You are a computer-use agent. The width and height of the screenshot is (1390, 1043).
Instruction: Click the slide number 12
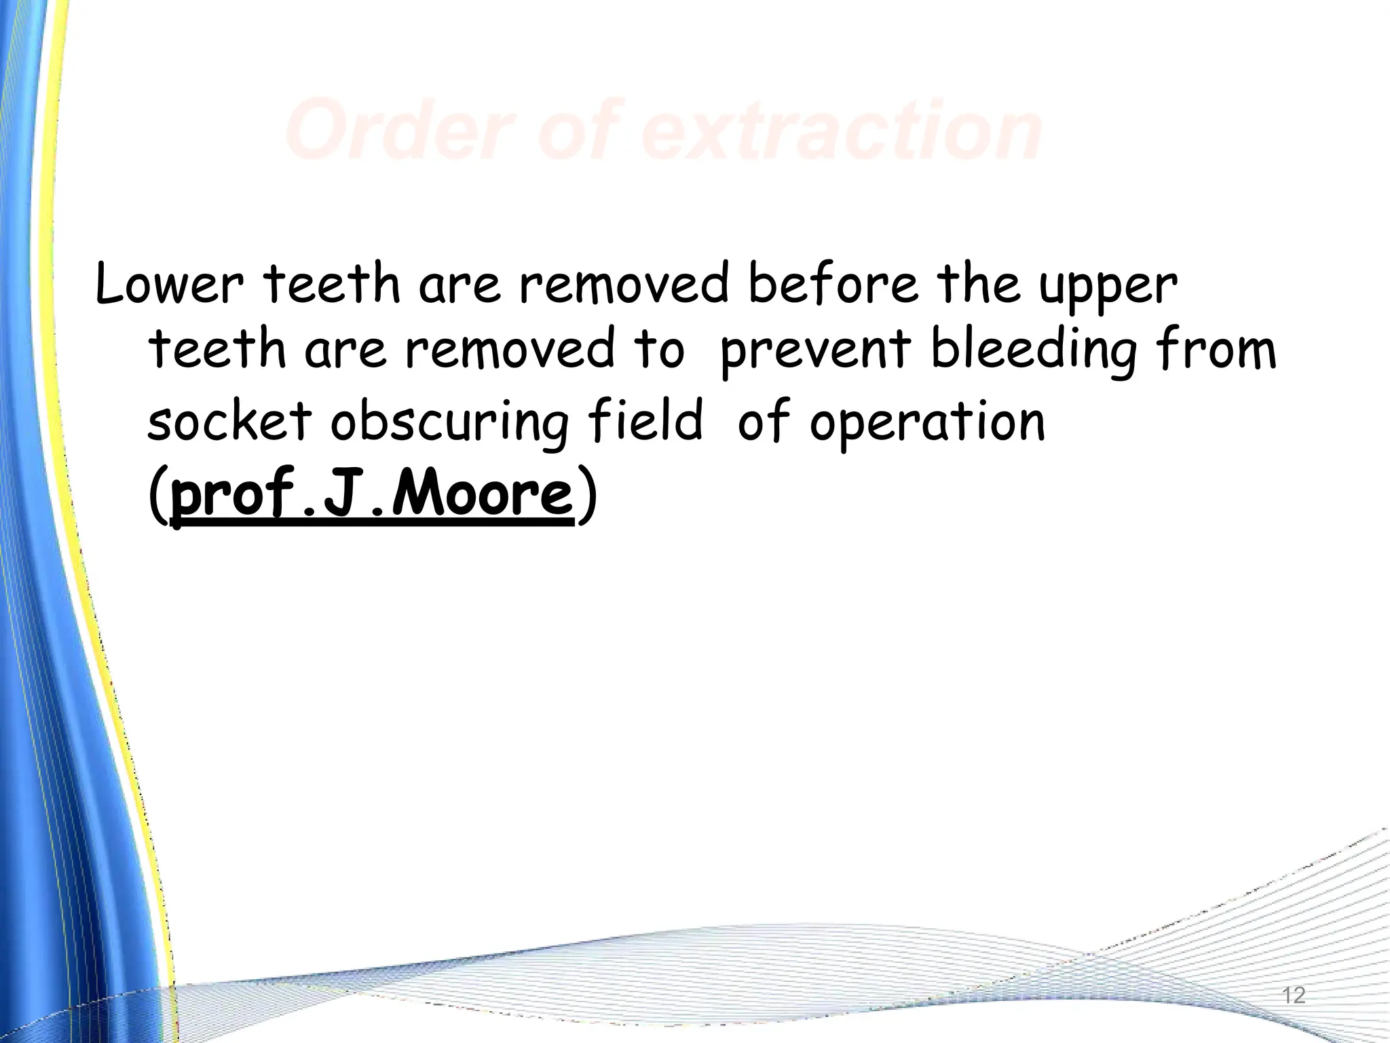point(1294,995)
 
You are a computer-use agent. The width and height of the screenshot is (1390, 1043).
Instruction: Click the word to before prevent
point(658,349)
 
